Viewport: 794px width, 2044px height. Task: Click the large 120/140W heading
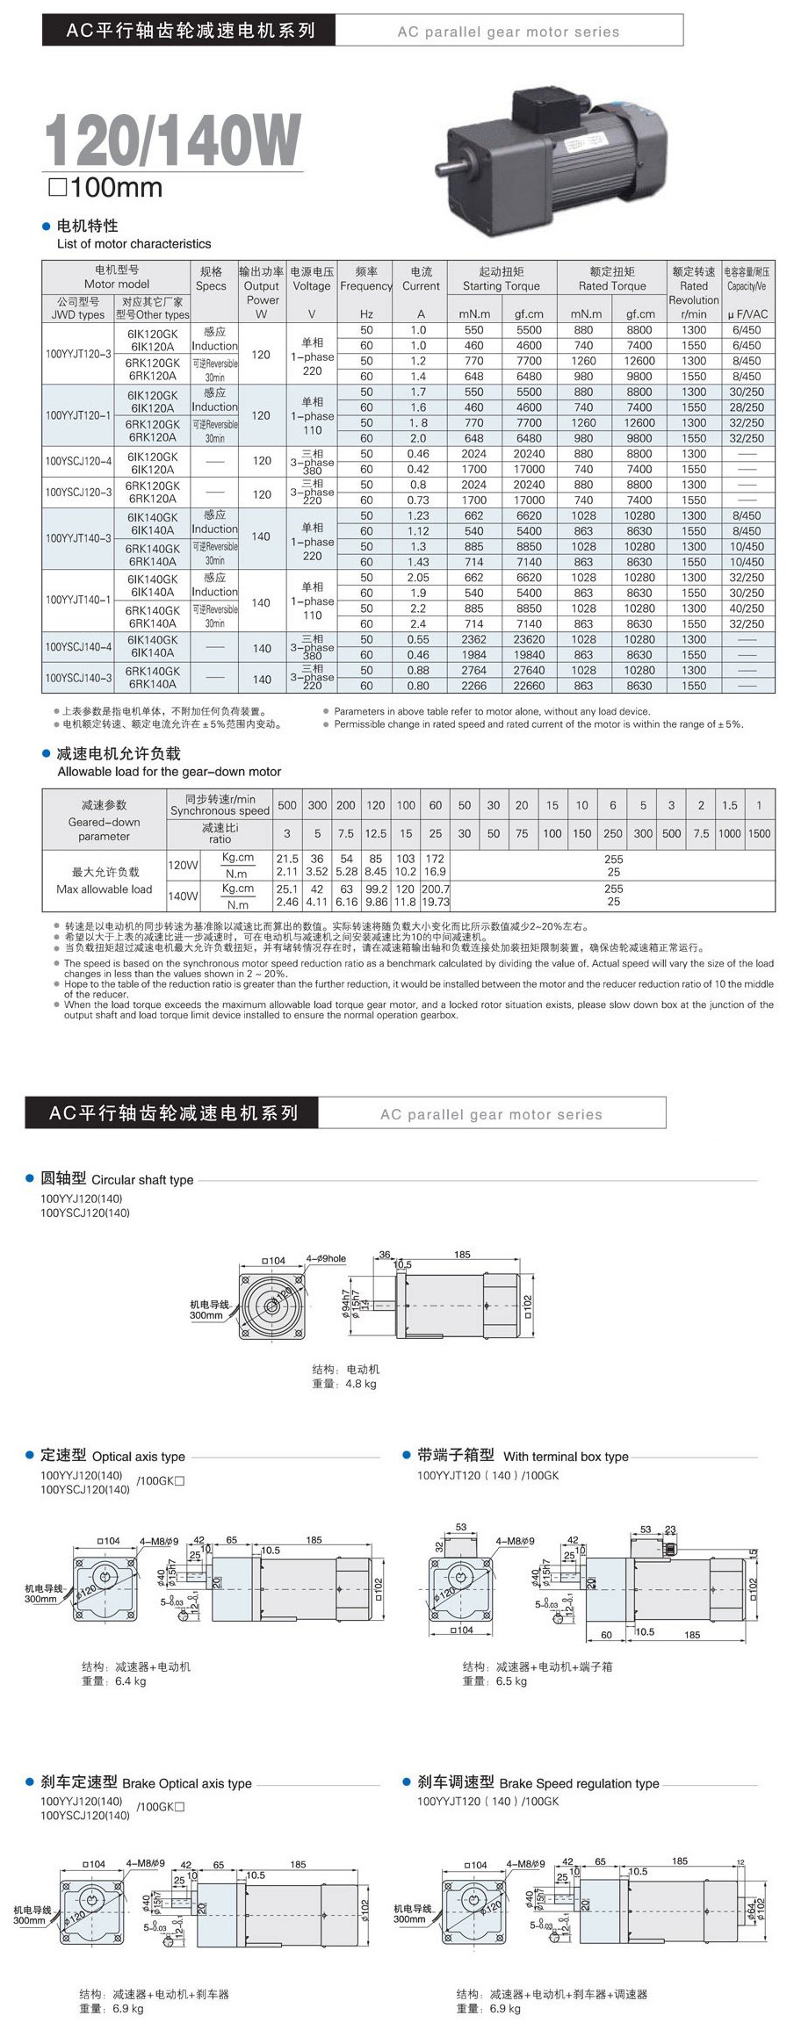[172, 140]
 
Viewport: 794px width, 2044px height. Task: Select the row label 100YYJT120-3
[78, 354]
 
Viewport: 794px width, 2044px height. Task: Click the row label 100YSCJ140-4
[78, 646]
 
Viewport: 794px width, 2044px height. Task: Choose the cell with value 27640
[529, 671]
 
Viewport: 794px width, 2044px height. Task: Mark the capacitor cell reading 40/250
[747, 608]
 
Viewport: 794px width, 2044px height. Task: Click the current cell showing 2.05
[418, 578]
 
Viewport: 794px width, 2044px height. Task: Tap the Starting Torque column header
[501, 279]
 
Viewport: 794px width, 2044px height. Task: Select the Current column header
[421, 279]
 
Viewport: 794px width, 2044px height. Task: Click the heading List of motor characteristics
[134, 244]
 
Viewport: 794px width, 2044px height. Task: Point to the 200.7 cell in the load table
[436, 889]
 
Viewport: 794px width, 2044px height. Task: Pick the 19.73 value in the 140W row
[436, 902]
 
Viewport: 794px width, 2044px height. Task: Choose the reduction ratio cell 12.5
[376, 833]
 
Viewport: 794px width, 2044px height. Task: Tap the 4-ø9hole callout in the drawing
[326, 1258]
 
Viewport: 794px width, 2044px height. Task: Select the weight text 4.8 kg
[360, 1384]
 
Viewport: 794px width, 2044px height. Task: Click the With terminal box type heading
[523, 1456]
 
